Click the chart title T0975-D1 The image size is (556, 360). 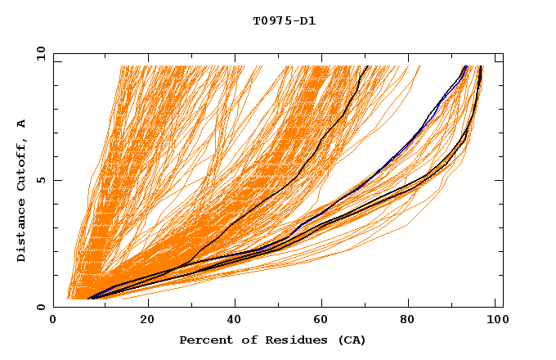(x=284, y=20)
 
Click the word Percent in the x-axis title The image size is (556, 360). (x=204, y=340)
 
